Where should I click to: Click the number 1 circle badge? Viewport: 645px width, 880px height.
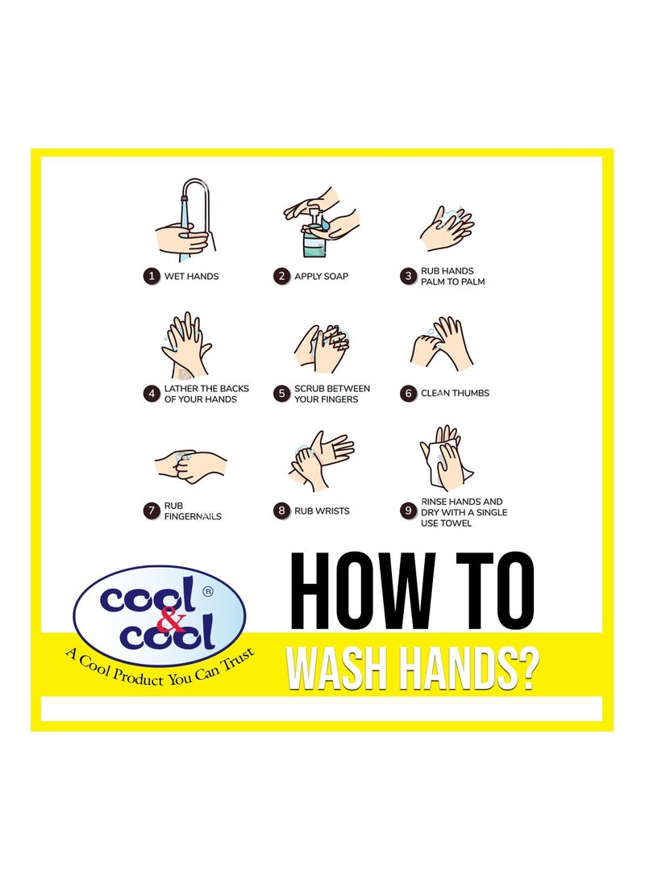coord(150,276)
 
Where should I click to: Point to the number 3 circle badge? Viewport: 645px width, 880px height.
coord(408,277)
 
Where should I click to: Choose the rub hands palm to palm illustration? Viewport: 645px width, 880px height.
coord(446,227)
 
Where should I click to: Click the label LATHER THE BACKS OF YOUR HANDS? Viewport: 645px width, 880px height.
coord(206,394)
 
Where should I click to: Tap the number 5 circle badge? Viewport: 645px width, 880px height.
coord(281,394)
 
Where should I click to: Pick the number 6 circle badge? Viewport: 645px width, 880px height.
coord(408,394)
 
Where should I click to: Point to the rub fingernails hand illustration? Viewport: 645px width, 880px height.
coord(189,465)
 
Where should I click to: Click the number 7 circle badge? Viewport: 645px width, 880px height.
coord(150,511)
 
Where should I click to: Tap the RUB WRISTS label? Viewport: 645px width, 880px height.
coord(322,511)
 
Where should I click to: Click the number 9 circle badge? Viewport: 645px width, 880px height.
coord(408,511)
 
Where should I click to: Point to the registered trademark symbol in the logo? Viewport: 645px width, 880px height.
coord(208,590)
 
